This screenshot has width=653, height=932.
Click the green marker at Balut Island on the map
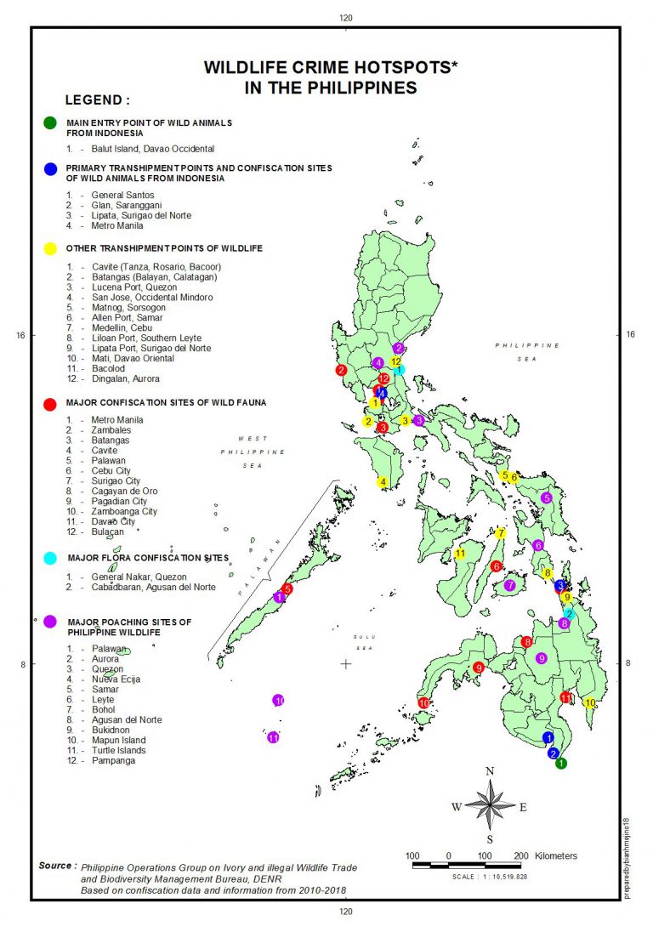561,764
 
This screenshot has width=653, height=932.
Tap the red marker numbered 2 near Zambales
341,371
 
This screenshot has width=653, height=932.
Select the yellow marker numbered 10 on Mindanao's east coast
590,702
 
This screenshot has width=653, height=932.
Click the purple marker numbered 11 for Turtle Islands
274,738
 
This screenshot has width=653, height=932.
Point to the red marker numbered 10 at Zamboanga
423,702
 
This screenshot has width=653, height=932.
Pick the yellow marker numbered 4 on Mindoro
383,482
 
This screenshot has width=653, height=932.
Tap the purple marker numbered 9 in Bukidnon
541,658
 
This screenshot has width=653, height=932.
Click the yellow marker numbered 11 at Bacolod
460,554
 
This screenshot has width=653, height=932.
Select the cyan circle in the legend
50,558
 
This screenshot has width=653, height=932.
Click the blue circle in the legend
50,168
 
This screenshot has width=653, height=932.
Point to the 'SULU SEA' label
365,642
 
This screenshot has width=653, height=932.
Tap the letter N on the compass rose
490,771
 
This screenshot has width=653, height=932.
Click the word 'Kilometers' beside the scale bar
551,855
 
